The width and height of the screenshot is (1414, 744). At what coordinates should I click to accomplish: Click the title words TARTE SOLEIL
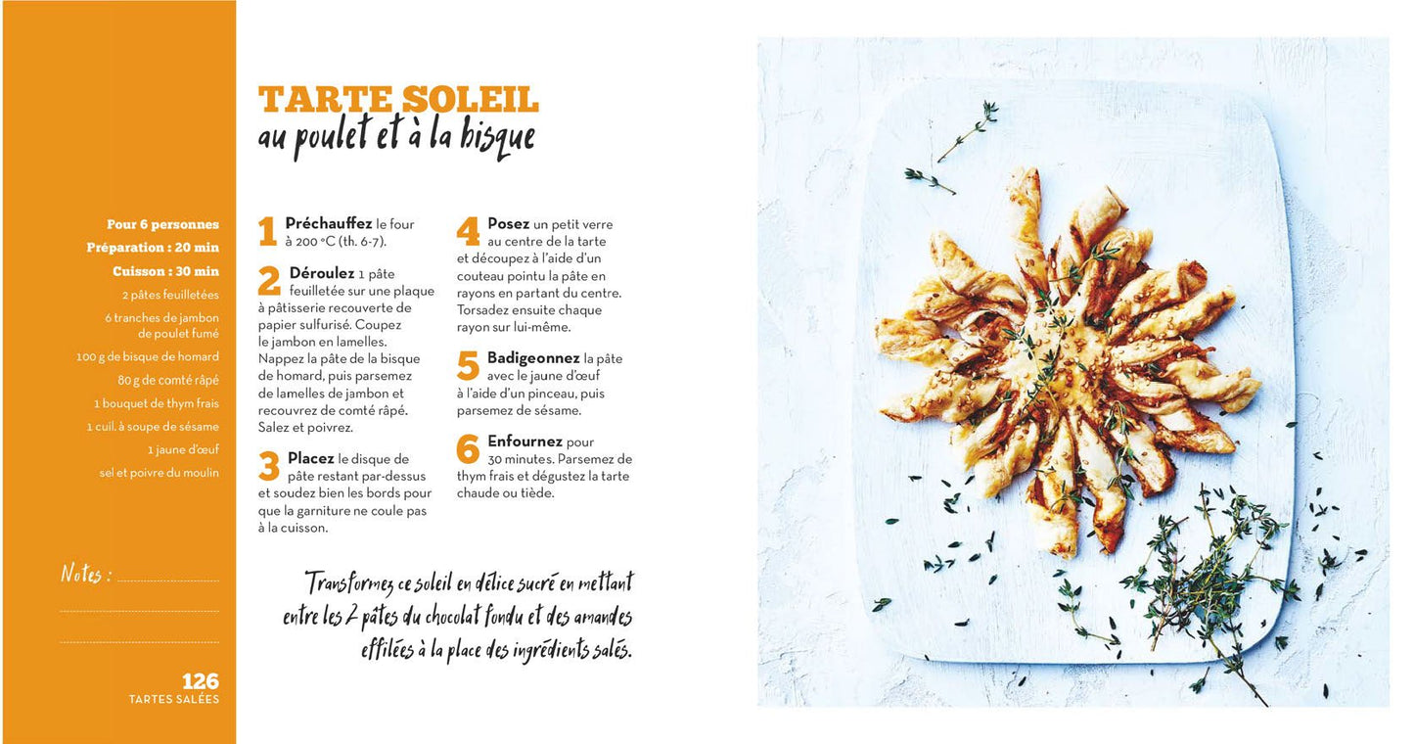point(398,100)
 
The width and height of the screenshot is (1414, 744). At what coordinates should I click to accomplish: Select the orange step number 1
point(268,230)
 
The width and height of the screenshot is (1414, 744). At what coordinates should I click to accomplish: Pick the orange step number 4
point(468,230)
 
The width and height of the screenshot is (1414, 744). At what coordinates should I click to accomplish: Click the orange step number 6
point(468,448)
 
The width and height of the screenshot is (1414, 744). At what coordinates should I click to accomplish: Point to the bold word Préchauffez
point(328,223)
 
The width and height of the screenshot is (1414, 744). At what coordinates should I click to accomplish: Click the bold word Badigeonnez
point(532,358)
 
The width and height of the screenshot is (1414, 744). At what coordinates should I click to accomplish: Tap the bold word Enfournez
point(525,442)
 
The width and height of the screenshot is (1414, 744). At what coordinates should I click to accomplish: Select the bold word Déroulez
point(321,273)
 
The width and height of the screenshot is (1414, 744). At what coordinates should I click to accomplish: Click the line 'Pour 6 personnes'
point(162,224)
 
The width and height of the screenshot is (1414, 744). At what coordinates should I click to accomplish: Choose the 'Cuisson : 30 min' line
point(166,271)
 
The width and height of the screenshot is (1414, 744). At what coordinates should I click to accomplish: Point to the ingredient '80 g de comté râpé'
point(168,380)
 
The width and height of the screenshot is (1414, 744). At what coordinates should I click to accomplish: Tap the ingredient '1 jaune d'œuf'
point(183,449)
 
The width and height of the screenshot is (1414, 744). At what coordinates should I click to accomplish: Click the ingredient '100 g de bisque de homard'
point(148,356)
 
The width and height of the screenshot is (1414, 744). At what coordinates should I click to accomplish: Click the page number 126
point(200,680)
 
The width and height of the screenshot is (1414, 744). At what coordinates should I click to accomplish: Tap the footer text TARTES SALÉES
point(174,699)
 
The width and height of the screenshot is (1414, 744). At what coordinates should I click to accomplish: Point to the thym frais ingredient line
point(156,403)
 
